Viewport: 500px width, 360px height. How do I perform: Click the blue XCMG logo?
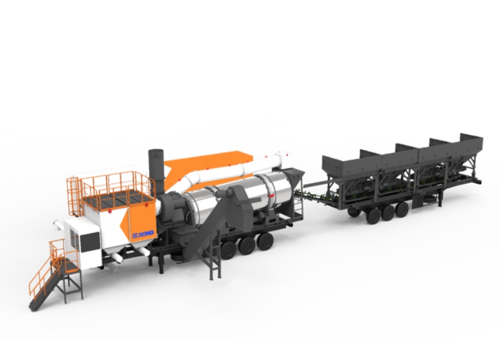coord(143,234)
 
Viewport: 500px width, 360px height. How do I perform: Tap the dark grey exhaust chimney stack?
coord(156,172)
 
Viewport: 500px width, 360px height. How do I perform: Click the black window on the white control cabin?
coord(89,242)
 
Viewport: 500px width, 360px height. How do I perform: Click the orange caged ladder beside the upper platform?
coord(74,196)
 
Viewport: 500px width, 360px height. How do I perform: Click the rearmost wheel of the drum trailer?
coord(265,241)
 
